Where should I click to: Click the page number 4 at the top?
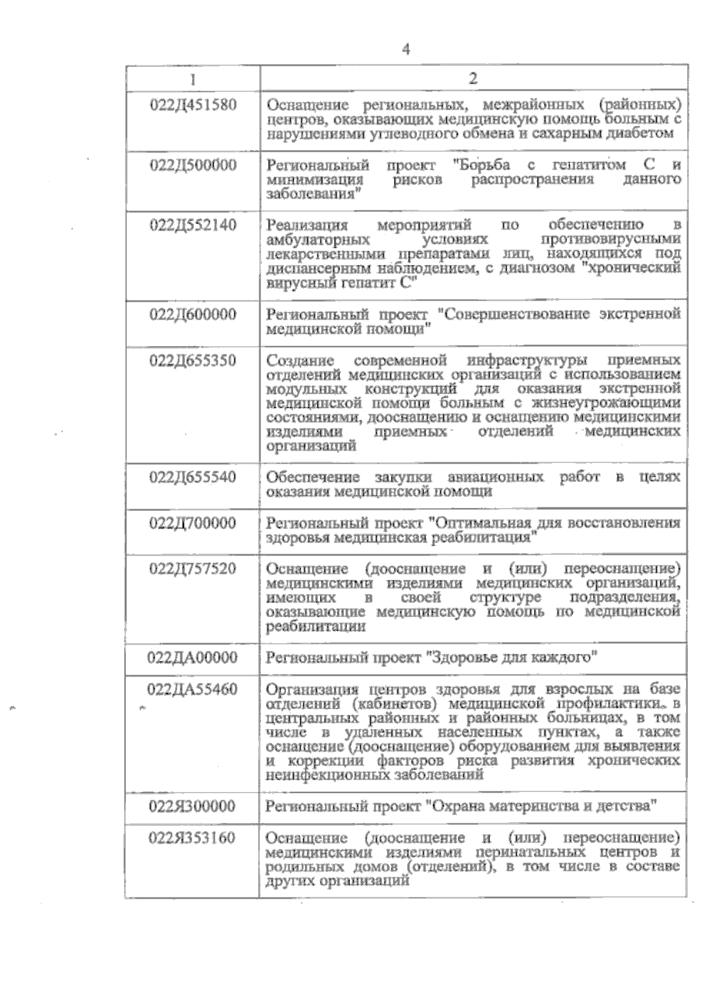click(406, 49)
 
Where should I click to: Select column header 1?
click(193, 79)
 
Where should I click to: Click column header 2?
click(473, 79)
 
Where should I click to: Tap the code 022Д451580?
click(193, 105)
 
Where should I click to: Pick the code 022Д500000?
click(193, 165)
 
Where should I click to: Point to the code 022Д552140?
click(193, 225)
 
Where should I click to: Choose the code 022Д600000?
click(193, 314)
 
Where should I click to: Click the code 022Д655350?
click(193, 360)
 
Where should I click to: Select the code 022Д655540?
click(193, 477)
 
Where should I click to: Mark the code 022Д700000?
click(193, 523)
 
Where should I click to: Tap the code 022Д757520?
click(193, 569)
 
